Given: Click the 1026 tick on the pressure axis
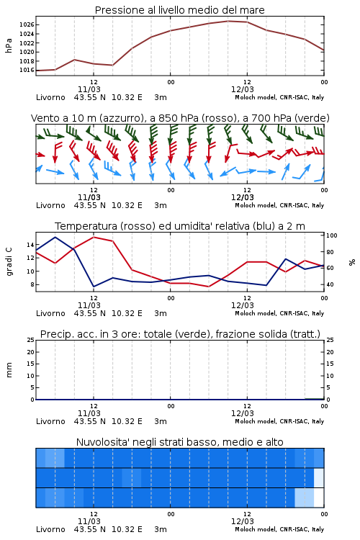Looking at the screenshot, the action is pyautogui.click(x=26, y=24).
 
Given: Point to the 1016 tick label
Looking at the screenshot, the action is pyautogui.click(x=26, y=71).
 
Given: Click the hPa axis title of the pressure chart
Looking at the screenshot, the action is pyautogui.click(x=9, y=45).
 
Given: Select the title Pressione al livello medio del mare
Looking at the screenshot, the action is pyautogui.click(x=180, y=10).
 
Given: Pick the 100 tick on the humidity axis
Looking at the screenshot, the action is pyautogui.click(x=331, y=235).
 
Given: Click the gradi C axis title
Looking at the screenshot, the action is pyautogui.click(x=9, y=262).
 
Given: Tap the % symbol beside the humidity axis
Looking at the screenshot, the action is pyautogui.click(x=352, y=262).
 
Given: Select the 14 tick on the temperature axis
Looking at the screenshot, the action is pyautogui.click(x=30, y=245).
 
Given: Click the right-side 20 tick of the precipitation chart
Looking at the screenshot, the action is pyautogui.click(x=330, y=352).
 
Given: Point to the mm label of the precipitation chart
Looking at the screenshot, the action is pyautogui.click(x=9, y=370).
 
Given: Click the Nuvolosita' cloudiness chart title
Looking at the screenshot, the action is pyautogui.click(x=180, y=442).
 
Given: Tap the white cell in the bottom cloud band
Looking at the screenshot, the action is pyautogui.click(x=319, y=498).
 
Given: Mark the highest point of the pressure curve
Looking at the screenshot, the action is pyautogui.click(x=228, y=21).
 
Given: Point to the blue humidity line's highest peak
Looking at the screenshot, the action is pyautogui.click(x=55, y=237).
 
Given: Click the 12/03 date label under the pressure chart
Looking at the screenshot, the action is pyautogui.click(x=242, y=89).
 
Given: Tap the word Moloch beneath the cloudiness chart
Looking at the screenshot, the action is pyautogui.click(x=246, y=529).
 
